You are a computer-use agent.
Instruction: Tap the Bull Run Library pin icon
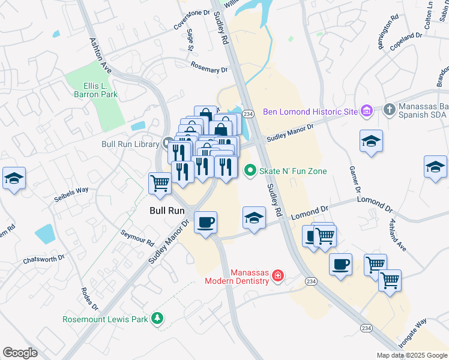(x=167, y=143)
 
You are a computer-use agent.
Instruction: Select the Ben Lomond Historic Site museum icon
(x=367, y=111)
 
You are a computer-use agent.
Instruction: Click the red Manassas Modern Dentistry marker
(x=277, y=276)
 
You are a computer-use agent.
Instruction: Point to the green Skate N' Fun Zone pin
(x=250, y=171)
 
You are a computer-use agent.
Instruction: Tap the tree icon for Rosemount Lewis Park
(x=157, y=319)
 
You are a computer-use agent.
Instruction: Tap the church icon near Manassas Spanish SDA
(x=389, y=109)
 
